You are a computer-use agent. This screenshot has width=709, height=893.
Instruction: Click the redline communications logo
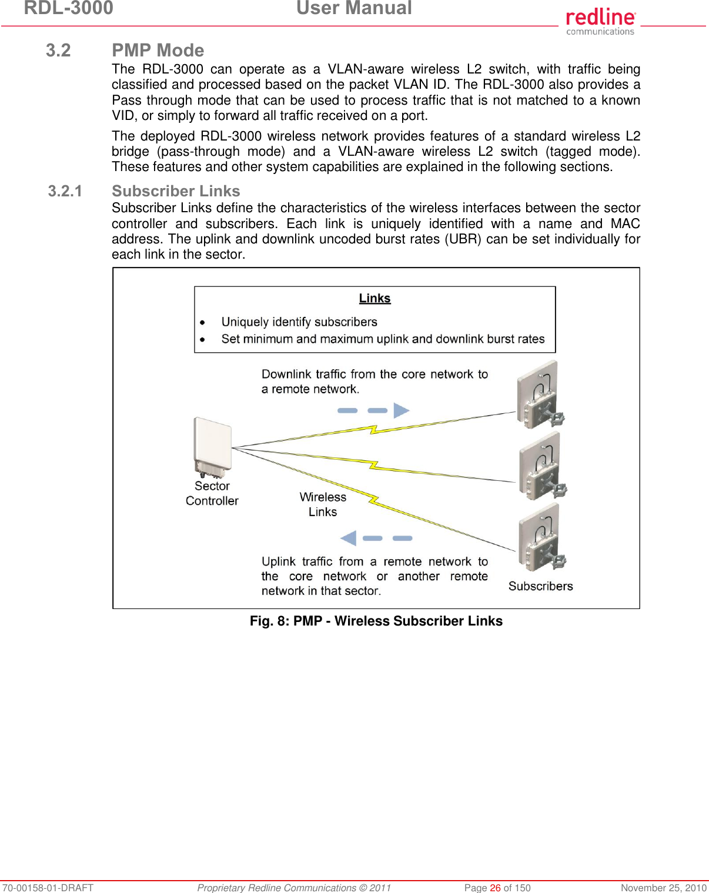click(x=600, y=21)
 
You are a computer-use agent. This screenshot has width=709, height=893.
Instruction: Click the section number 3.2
click(x=58, y=51)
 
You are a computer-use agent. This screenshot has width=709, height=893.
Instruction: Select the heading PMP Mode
click(x=158, y=51)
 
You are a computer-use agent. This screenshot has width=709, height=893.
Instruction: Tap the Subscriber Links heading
click(x=176, y=191)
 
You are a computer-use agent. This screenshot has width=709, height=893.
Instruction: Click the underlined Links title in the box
click(x=374, y=299)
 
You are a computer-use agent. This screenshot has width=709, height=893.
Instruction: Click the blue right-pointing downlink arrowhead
click(x=401, y=410)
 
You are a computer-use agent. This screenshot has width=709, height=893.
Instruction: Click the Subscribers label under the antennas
click(x=540, y=586)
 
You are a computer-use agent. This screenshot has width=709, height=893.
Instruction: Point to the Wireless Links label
click(x=323, y=504)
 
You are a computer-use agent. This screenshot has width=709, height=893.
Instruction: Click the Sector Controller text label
click(x=212, y=493)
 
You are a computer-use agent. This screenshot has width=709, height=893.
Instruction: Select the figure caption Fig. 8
click(x=376, y=621)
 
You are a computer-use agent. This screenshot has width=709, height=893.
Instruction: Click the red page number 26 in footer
click(x=495, y=888)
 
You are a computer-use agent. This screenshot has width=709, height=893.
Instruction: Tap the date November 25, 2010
click(x=663, y=888)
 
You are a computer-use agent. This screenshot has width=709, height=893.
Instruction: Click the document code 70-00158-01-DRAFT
click(x=47, y=888)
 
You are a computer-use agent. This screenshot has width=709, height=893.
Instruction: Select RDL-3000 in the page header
click(x=68, y=8)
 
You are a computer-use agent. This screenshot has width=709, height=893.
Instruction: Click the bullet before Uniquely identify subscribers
click(x=202, y=322)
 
